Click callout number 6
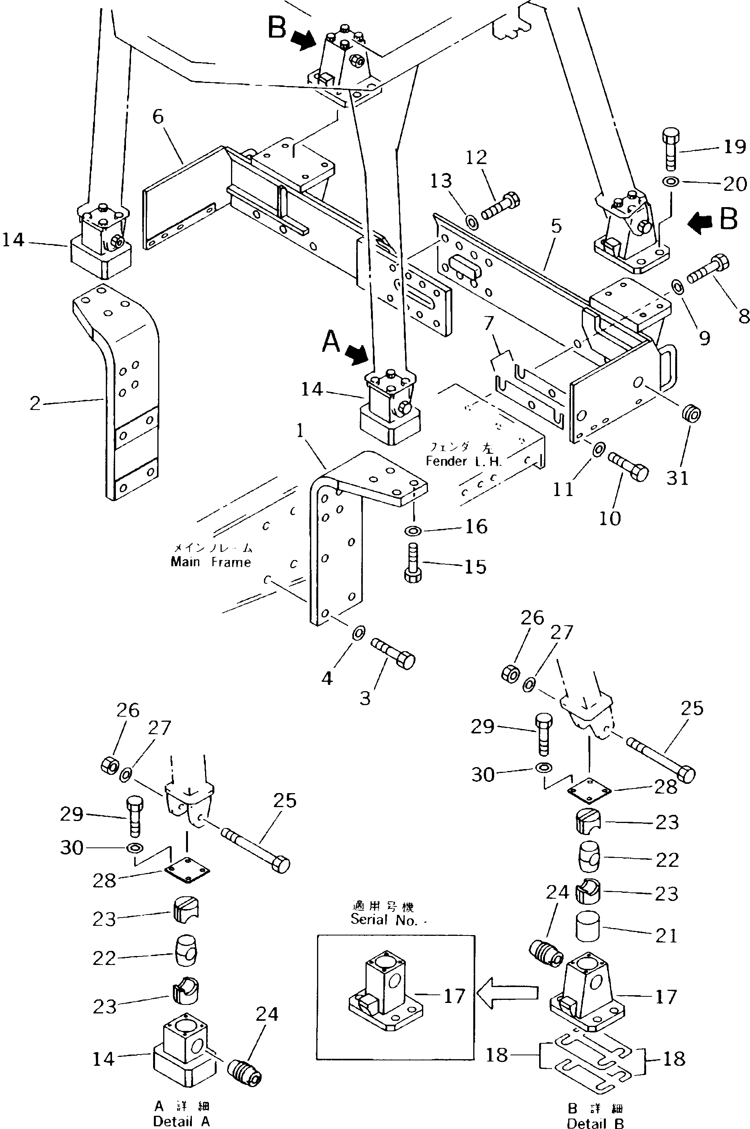point(158,116)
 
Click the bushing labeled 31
point(691,413)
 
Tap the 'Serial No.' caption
point(388,920)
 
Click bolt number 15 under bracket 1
point(413,564)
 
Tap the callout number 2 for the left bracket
point(35,403)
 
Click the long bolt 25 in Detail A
point(255,851)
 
